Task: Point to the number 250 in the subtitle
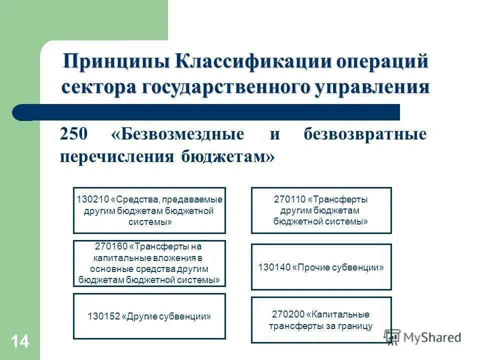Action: click(74, 135)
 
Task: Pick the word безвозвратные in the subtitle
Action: click(365, 135)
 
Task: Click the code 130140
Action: click(274, 267)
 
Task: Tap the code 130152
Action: click(103, 316)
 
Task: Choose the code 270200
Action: click(288, 314)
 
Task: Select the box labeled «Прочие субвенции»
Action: click(321, 267)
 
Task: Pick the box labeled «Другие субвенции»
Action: click(149, 316)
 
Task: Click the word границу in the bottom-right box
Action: click(356, 326)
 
